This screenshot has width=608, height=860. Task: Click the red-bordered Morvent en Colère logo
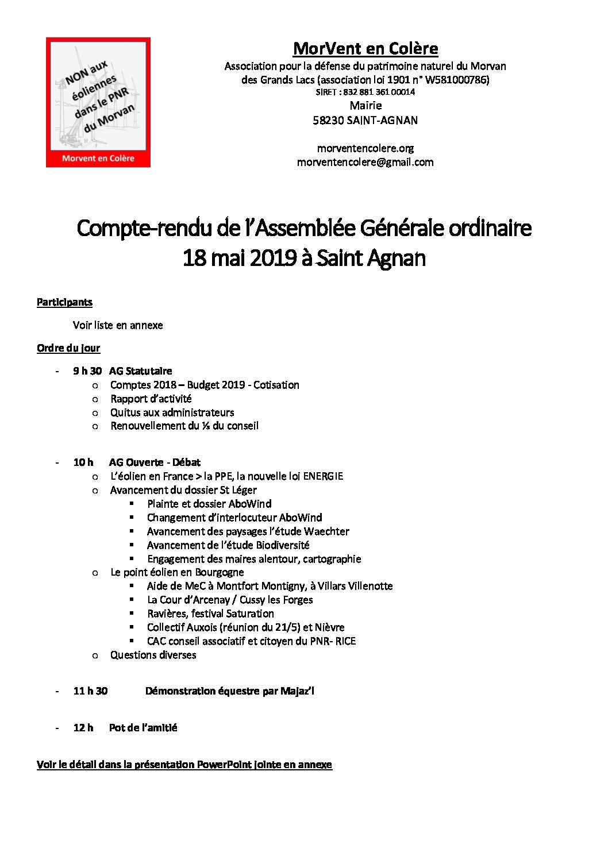point(98,102)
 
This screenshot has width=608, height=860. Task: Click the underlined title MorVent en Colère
point(365,49)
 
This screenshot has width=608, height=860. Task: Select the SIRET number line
point(365,92)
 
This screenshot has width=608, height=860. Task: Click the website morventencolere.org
point(365,148)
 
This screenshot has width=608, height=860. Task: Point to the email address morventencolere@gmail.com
point(365,162)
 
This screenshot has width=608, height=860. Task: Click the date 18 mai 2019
point(240,258)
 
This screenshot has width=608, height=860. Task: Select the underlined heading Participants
point(64,302)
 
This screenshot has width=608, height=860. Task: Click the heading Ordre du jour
point(68,348)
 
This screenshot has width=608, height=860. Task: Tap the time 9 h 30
point(87,371)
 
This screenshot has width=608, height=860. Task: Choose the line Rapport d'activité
point(151,399)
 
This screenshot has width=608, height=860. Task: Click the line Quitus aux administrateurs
point(172,412)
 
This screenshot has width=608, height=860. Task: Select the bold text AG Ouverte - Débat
point(155,462)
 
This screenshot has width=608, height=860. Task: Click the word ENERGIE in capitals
point(323,476)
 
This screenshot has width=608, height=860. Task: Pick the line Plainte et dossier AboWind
point(209,504)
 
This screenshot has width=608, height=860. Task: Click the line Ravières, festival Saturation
point(210,614)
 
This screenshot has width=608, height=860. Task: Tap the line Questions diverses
point(153,655)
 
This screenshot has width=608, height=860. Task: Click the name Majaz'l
point(297,691)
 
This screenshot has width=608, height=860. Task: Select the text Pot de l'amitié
point(143,728)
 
